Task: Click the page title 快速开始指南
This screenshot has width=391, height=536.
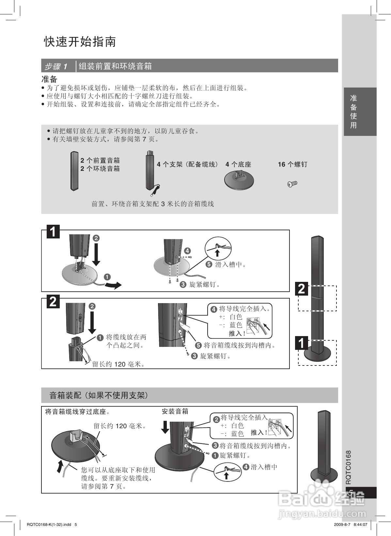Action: click(x=80, y=42)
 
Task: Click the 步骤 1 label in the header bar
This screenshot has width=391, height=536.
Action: click(x=56, y=67)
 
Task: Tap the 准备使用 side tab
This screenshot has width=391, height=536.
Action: click(x=353, y=111)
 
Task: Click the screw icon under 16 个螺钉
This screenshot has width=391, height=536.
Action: click(x=292, y=184)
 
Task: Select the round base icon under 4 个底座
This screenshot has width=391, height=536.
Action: click(x=239, y=180)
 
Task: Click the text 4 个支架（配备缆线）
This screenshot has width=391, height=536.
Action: click(x=188, y=165)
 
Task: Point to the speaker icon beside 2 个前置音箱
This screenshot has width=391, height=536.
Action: click(x=74, y=171)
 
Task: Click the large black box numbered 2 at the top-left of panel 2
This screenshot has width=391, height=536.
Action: click(x=53, y=301)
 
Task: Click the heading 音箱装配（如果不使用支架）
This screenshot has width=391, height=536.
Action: click(x=99, y=396)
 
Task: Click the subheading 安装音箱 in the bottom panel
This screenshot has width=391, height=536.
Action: click(x=175, y=412)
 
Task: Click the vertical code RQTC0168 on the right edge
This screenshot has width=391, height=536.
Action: click(x=349, y=467)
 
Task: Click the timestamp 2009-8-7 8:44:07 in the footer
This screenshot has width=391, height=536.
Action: click(x=351, y=525)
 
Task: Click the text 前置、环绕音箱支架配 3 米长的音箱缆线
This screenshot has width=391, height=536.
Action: click(x=153, y=204)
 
